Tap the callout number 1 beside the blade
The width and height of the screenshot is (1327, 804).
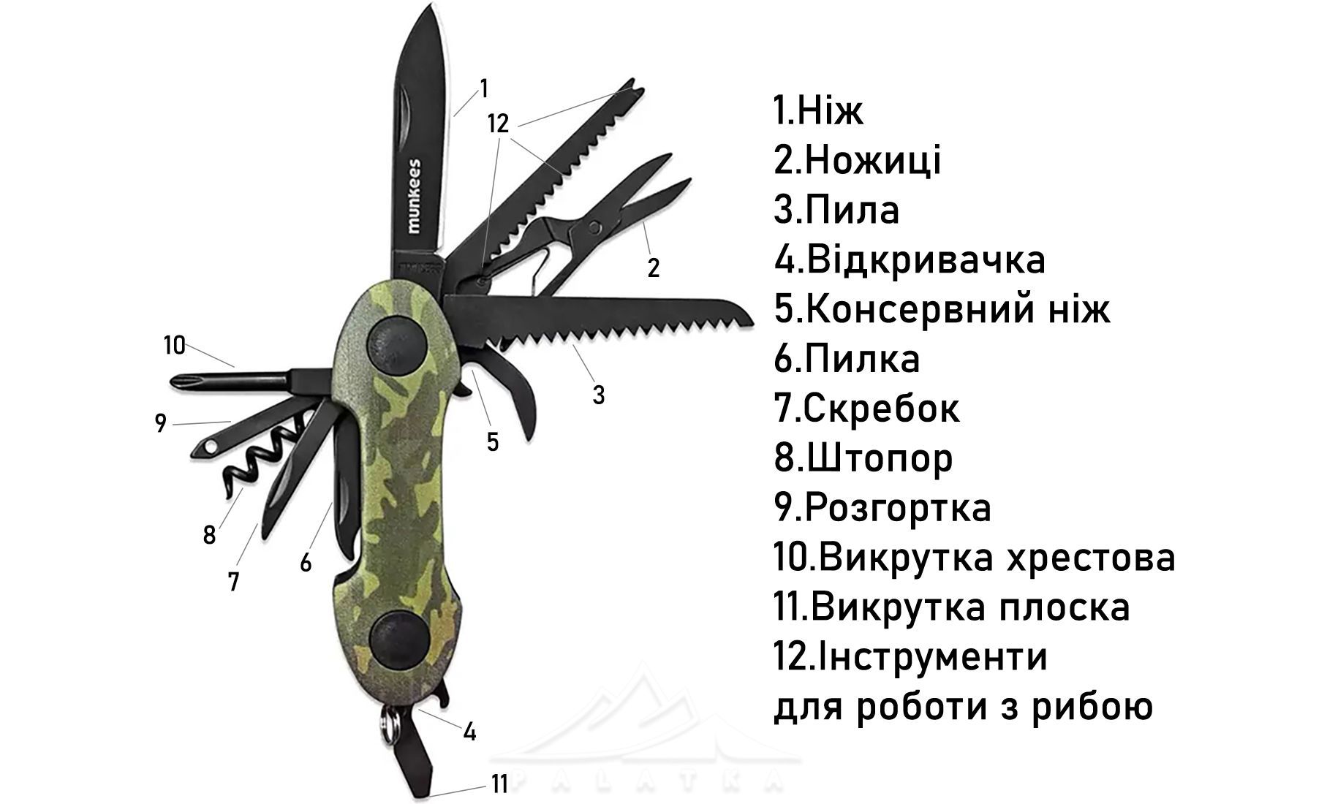click(483, 88)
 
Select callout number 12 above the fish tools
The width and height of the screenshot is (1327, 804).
click(498, 124)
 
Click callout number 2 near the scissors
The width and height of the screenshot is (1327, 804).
click(654, 268)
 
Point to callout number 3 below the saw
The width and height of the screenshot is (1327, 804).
click(599, 395)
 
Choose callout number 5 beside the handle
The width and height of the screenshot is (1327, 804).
click(493, 441)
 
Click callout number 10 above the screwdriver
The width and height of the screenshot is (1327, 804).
click(175, 344)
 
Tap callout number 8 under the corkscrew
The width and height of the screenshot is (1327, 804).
click(210, 536)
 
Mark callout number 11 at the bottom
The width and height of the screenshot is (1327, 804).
click(499, 784)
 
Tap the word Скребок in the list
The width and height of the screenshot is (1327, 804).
click(881, 409)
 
